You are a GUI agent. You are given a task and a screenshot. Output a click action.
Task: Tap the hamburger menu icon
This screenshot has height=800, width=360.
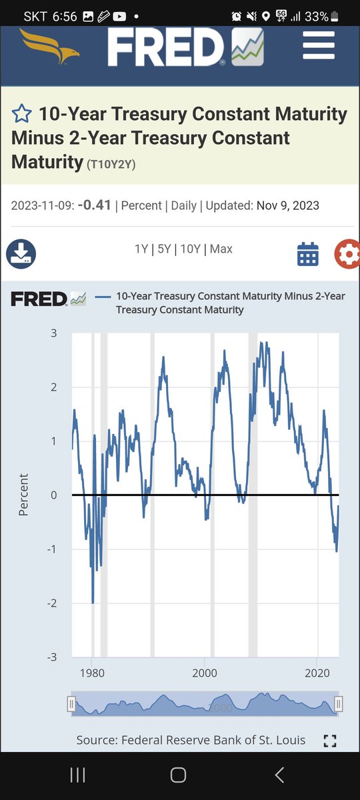pyautogui.click(x=319, y=45)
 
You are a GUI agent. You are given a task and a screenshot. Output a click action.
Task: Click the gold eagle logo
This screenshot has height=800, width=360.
pyautogui.click(x=49, y=47)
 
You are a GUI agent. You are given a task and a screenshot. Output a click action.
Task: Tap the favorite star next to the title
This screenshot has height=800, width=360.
pyautogui.click(x=22, y=113)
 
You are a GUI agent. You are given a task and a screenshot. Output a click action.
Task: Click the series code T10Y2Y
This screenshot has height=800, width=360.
pyautogui.click(x=111, y=164)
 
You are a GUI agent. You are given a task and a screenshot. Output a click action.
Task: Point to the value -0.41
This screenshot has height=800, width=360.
pyautogui.click(x=94, y=205)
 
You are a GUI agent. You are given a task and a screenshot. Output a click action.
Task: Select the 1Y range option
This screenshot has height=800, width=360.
pyautogui.click(x=141, y=249)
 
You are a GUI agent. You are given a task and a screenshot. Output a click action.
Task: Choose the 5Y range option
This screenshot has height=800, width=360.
pyautogui.click(x=164, y=249)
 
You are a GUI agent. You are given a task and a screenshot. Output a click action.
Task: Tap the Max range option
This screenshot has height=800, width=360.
pyautogui.click(x=221, y=249)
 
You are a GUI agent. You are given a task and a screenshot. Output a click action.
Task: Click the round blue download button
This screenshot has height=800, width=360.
pyautogui.click(x=21, y=254)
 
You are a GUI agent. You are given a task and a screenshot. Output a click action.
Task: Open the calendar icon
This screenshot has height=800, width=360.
pyautogui.click(x=308, y=254)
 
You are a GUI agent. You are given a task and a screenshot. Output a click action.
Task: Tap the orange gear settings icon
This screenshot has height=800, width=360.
pyautogui.click(x=347, y=254)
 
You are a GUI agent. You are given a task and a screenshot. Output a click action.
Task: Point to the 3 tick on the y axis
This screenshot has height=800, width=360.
pyautogui.click(x=53, y=333)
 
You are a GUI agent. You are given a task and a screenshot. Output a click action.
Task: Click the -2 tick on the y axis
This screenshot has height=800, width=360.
pyautogui.click(x=52, y=603)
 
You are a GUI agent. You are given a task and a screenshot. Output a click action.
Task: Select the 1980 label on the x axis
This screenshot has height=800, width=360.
pyautogui.click(x=92, y=673)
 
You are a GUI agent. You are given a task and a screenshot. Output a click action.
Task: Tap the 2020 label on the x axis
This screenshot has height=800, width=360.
pyautogui.click(x=317, y=673)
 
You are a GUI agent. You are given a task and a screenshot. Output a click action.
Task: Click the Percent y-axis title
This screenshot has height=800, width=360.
pyautogui.click(x=23, y=495)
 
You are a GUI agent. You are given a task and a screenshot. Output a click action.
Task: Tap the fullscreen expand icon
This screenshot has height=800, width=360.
pyautogui.click(x=330, y=741)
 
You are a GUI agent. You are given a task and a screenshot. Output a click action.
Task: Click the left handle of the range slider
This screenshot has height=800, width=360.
pyautogui.click(x=71, y=704)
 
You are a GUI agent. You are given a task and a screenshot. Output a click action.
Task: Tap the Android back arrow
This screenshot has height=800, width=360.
pyautogui.click(x=279, y=775)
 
